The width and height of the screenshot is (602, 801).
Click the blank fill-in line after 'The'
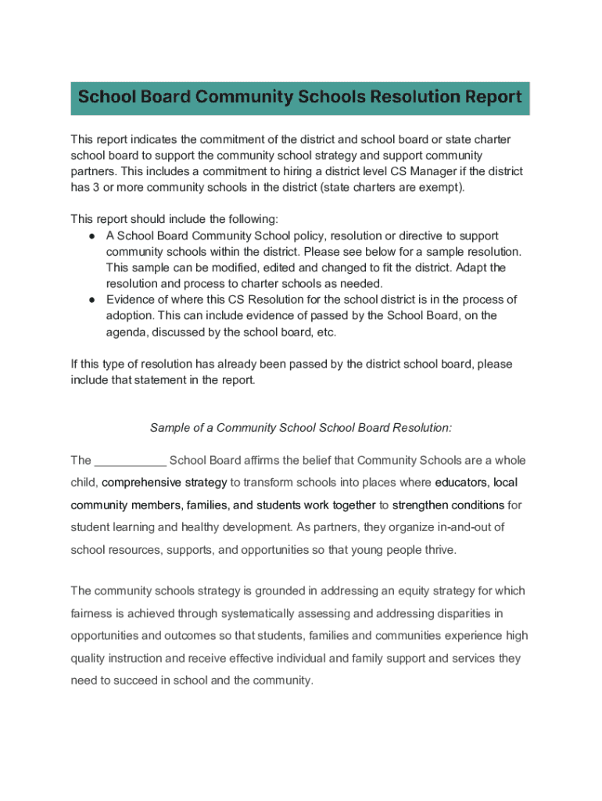[130, 460]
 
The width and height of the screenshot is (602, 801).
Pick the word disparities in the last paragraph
[457, 612]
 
